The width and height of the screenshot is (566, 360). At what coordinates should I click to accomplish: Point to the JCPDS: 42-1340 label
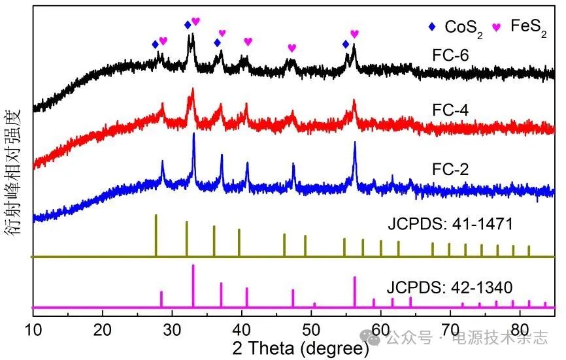tap(450, 287)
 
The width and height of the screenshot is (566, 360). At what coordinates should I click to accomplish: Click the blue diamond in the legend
tap(431, 27)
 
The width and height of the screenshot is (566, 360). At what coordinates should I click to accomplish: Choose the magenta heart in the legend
tap(496, 27)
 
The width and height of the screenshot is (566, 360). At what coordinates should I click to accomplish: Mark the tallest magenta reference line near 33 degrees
tap(193, 286)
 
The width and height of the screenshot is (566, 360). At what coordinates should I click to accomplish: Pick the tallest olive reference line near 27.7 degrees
tap(156, 235)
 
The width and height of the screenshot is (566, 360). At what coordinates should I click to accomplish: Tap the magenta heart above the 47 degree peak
tap(291, 48)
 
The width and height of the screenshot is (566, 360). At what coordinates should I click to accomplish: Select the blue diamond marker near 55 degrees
tap(346, 44)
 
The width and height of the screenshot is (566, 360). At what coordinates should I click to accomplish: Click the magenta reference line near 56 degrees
tap(355, 291)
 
